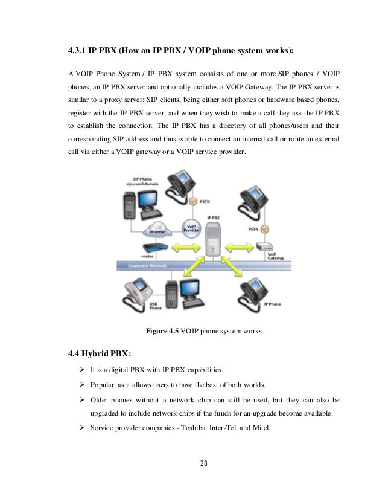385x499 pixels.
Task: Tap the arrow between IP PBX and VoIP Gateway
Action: point(240,247)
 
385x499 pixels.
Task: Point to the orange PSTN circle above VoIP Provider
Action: point(192,201)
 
